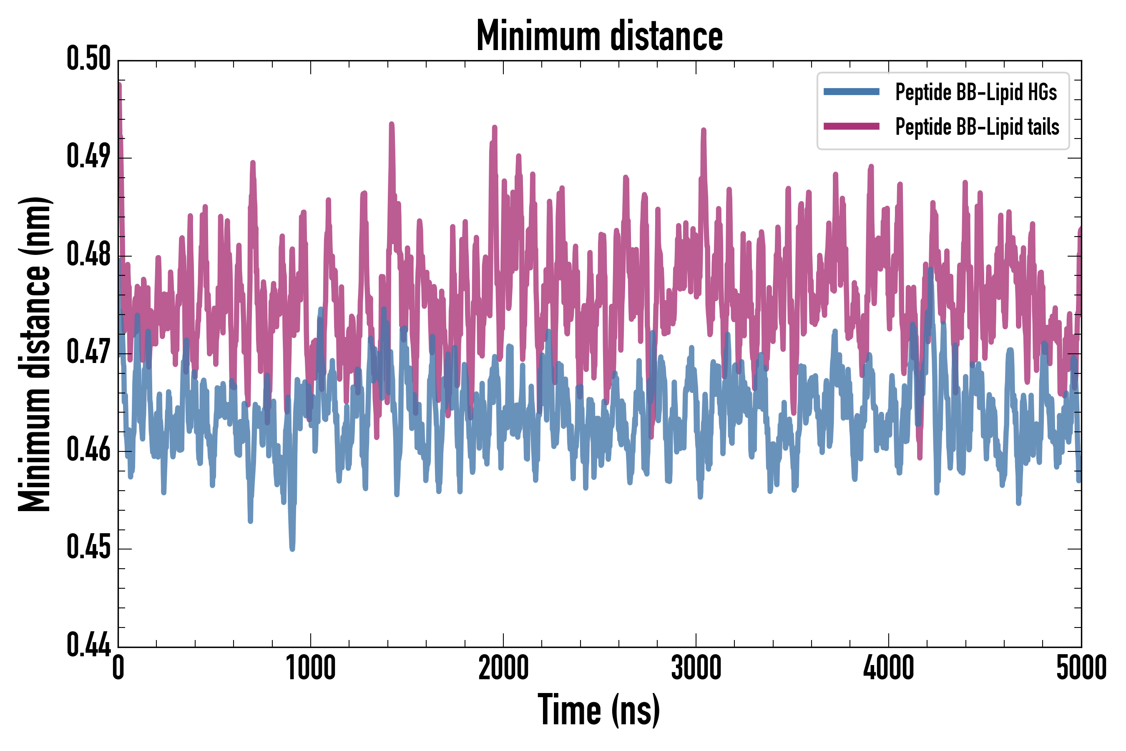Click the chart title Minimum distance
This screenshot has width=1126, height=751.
599,36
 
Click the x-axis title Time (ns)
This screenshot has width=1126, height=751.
599,710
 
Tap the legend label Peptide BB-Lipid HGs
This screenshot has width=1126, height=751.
976,92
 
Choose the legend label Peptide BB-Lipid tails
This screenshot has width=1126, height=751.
977,127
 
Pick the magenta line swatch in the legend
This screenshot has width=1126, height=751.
851,126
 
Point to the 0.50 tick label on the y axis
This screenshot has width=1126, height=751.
88,59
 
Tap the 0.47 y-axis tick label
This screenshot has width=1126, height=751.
88,353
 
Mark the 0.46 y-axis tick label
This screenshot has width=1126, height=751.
88,450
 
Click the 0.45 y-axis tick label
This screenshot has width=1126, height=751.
88,548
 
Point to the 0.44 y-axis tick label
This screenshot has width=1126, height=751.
88,645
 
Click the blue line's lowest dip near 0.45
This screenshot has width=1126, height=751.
292,547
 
